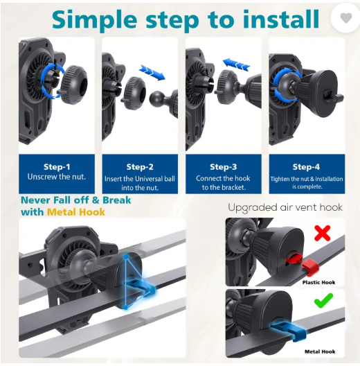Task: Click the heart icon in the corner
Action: (x=346, y=18)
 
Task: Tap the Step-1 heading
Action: (x=57, y=167)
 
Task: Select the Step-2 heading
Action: (x=140, y=167)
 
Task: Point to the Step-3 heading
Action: (x=224, y=167)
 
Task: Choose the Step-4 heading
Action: (x=307, y=167)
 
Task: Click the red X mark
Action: (x=323, y=233)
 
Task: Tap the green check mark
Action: (x=323, y=301)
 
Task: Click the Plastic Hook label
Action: (x=318, y=282)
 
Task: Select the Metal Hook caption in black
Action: (x=320, y=351)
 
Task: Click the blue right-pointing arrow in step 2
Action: (x=152, y=72)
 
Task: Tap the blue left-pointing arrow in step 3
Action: (x=236, y=64)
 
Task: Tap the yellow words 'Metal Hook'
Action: (x=76, y=212)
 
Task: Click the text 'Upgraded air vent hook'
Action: (x=285, y=207)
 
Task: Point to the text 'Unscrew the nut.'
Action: (x=57, y=177)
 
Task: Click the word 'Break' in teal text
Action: (x=117, y=200)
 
